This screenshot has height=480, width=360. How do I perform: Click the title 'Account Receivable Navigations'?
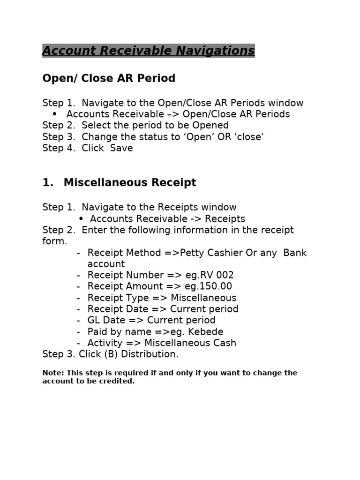tap(148, 51)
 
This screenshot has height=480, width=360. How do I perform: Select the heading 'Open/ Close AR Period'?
tap(109, 78)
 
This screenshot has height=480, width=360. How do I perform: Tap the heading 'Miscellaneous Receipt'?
tap(130, 183)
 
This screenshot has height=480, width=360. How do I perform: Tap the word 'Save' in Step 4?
tap(121, 148)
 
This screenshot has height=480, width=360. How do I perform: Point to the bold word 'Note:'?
tap(53, 373)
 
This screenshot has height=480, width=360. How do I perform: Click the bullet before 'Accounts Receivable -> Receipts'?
tap(81, 219)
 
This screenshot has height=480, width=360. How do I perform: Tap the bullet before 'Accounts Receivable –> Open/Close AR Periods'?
tap(55, 114)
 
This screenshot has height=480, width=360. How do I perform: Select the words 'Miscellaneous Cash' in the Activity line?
tap(190, 343)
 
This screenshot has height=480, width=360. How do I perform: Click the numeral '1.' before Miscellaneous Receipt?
tap(48, 183)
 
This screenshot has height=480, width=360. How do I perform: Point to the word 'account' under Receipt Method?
tap(106, 264)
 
